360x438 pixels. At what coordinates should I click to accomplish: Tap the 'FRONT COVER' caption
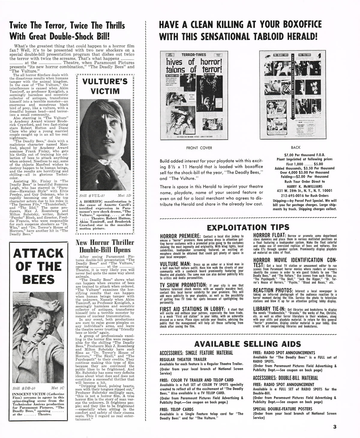tap(199, 148)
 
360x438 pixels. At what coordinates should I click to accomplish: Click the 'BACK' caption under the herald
tap(295, 148)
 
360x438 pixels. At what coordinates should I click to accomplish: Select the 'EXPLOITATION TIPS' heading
tap(248, 227)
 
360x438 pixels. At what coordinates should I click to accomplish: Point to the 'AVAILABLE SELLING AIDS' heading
tap(247, 344)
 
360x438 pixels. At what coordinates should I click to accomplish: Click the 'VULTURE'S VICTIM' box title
tap(105, 86)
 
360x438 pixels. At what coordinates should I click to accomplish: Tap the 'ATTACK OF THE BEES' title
tap(38, 267)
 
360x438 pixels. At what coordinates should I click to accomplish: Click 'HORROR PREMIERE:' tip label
tap(180, 236)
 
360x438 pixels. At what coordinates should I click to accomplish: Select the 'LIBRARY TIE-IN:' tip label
tap(269, 309)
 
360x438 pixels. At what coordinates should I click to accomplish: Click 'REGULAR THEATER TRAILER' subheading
tap(183, 359)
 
